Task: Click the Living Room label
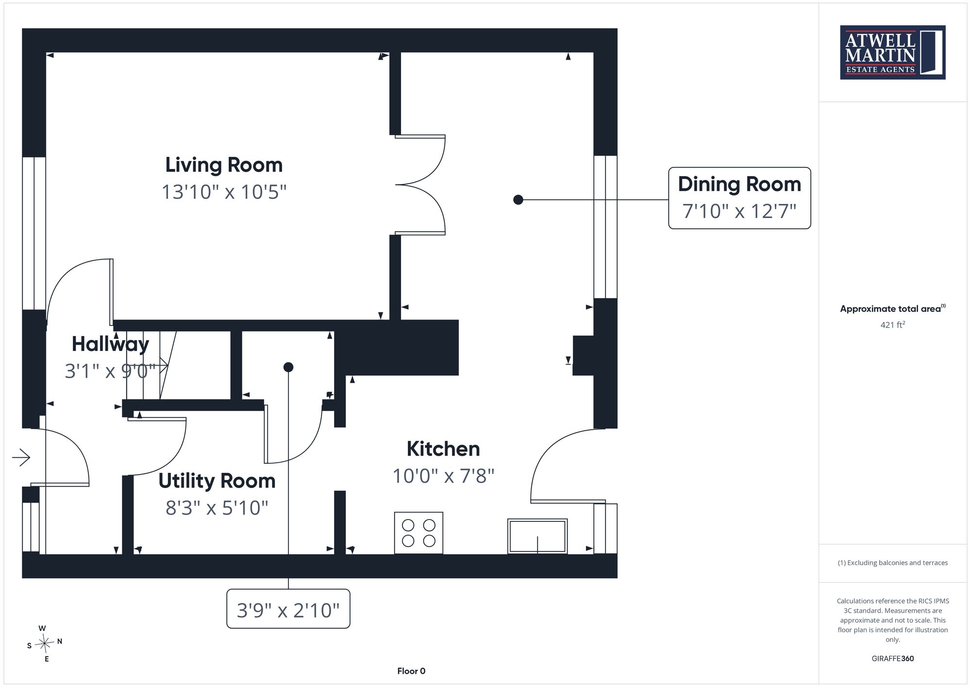224,165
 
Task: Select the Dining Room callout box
739,198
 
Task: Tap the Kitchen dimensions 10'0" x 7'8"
443,476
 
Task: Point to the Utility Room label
217,481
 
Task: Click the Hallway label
110,344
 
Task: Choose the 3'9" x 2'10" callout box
288,609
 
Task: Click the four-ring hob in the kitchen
419,533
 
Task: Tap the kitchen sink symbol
537,536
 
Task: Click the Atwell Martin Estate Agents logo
893,52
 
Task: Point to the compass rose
45,644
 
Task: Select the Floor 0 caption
411,671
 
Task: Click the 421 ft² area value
893,324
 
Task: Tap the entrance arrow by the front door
21,457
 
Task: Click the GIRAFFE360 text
893,659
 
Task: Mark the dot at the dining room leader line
518,200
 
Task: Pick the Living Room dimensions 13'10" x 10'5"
224,192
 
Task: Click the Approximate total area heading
893,308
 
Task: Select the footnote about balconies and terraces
893,563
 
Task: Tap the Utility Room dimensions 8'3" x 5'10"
217,508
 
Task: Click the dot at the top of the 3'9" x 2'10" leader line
288,367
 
